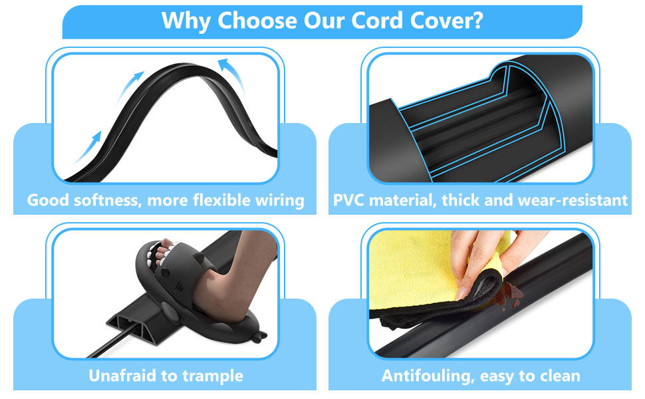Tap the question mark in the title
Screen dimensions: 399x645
coord(476,21)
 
